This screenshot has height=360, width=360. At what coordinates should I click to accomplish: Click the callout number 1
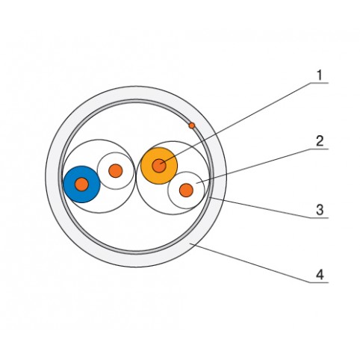(x=319, y=75)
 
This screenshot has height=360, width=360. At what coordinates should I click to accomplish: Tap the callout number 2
(x=320, y=141)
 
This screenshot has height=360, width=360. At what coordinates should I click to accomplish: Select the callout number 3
(x=320, y=210)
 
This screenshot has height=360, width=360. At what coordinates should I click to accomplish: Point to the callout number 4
(x=320, y=275)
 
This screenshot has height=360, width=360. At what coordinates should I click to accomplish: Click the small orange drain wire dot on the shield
(x=192, y=125)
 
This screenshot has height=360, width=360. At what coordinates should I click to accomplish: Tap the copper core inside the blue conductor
(x=81, y=184)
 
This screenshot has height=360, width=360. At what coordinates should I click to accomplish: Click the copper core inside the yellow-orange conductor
(x=159, y=166)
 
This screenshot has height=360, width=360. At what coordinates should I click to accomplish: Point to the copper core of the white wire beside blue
(x=116, y=171)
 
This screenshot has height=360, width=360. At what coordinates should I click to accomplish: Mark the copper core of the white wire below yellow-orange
(x=186, y=190)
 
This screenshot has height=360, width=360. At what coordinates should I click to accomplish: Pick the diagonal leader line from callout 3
(x=261, y=208)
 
